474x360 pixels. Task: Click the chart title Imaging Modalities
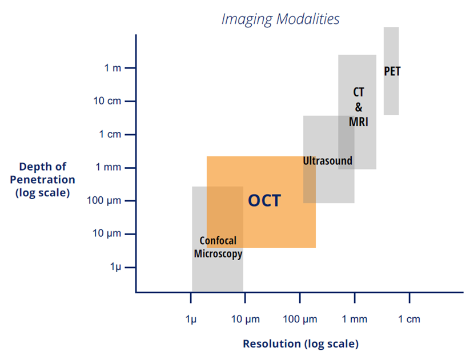[280, 19]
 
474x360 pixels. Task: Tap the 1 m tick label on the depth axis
[113, 68]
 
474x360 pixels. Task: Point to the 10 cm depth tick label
[107, 101]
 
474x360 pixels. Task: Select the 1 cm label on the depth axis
[110, 135]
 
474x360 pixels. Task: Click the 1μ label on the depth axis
[115, 267]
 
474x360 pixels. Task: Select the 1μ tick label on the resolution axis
[191, 319]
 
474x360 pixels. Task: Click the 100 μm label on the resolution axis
[300, 319]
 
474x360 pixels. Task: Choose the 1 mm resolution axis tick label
[355, 319]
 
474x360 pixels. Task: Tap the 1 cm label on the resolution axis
[409, 319]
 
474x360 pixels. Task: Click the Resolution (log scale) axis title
[300, 344]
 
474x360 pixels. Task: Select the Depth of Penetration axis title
[43, 179]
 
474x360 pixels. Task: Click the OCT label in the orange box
[264, 201]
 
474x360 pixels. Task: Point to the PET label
[392, 72]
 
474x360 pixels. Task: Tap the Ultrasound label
[328, 161]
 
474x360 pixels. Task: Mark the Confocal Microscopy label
[218, 247]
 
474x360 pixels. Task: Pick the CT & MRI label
[359, 107]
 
